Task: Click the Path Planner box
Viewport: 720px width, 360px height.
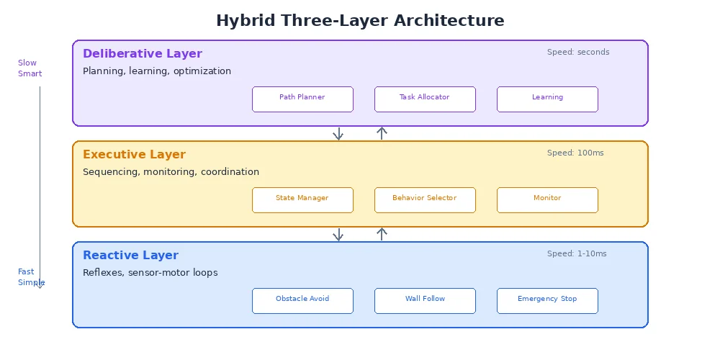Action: pyautogui.click(x=302, y=99)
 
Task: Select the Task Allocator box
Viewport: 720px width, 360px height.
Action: pyautogui.click(x=425, y=99)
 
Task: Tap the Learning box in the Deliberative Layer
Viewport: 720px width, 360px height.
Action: pyautogui.click(x=547, y=99)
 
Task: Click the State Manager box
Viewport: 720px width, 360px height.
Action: pyautogui.click(x=302, y=200)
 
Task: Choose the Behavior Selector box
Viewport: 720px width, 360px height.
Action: pyautogui.click(x=425, y=200)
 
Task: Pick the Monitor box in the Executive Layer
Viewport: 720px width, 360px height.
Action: pyautogui.click(x=547, y=200)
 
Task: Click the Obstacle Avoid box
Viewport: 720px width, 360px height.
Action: pyautogui.click(x=302, y=301)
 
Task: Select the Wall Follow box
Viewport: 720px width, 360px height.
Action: pyautogui.click(x=425, y=301)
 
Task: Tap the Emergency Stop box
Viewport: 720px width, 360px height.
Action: pyautogui.click(x=547, y=301)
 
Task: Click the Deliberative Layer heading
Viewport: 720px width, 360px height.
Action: pyautogui.click(x=143, y=54)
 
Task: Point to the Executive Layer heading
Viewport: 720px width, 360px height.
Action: pyautogui.click(x=134, y=155)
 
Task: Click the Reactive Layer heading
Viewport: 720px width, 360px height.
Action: pyautogui.click(x=130, y=256)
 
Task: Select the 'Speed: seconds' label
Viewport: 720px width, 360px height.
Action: pyautogui.click(x=578, y=53)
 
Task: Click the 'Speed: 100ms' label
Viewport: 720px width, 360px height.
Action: pyautogui.click(x=575, y=153)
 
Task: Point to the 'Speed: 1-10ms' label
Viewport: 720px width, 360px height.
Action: pyautogui.click(x=577, y=254)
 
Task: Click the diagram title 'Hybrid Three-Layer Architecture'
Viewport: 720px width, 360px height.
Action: pyautogui.click(x=360, y=21)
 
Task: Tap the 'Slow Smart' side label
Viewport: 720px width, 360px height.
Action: pyautogui.click(x=30, y=68)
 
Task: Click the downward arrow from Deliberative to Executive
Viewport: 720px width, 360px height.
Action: pyautogui.click(x=338, y=134)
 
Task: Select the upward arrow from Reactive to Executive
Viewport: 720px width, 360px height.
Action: pyautogui.click(x=382, y=234)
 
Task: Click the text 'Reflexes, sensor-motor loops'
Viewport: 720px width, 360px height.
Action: pyautogui.click(x=150, y=273)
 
